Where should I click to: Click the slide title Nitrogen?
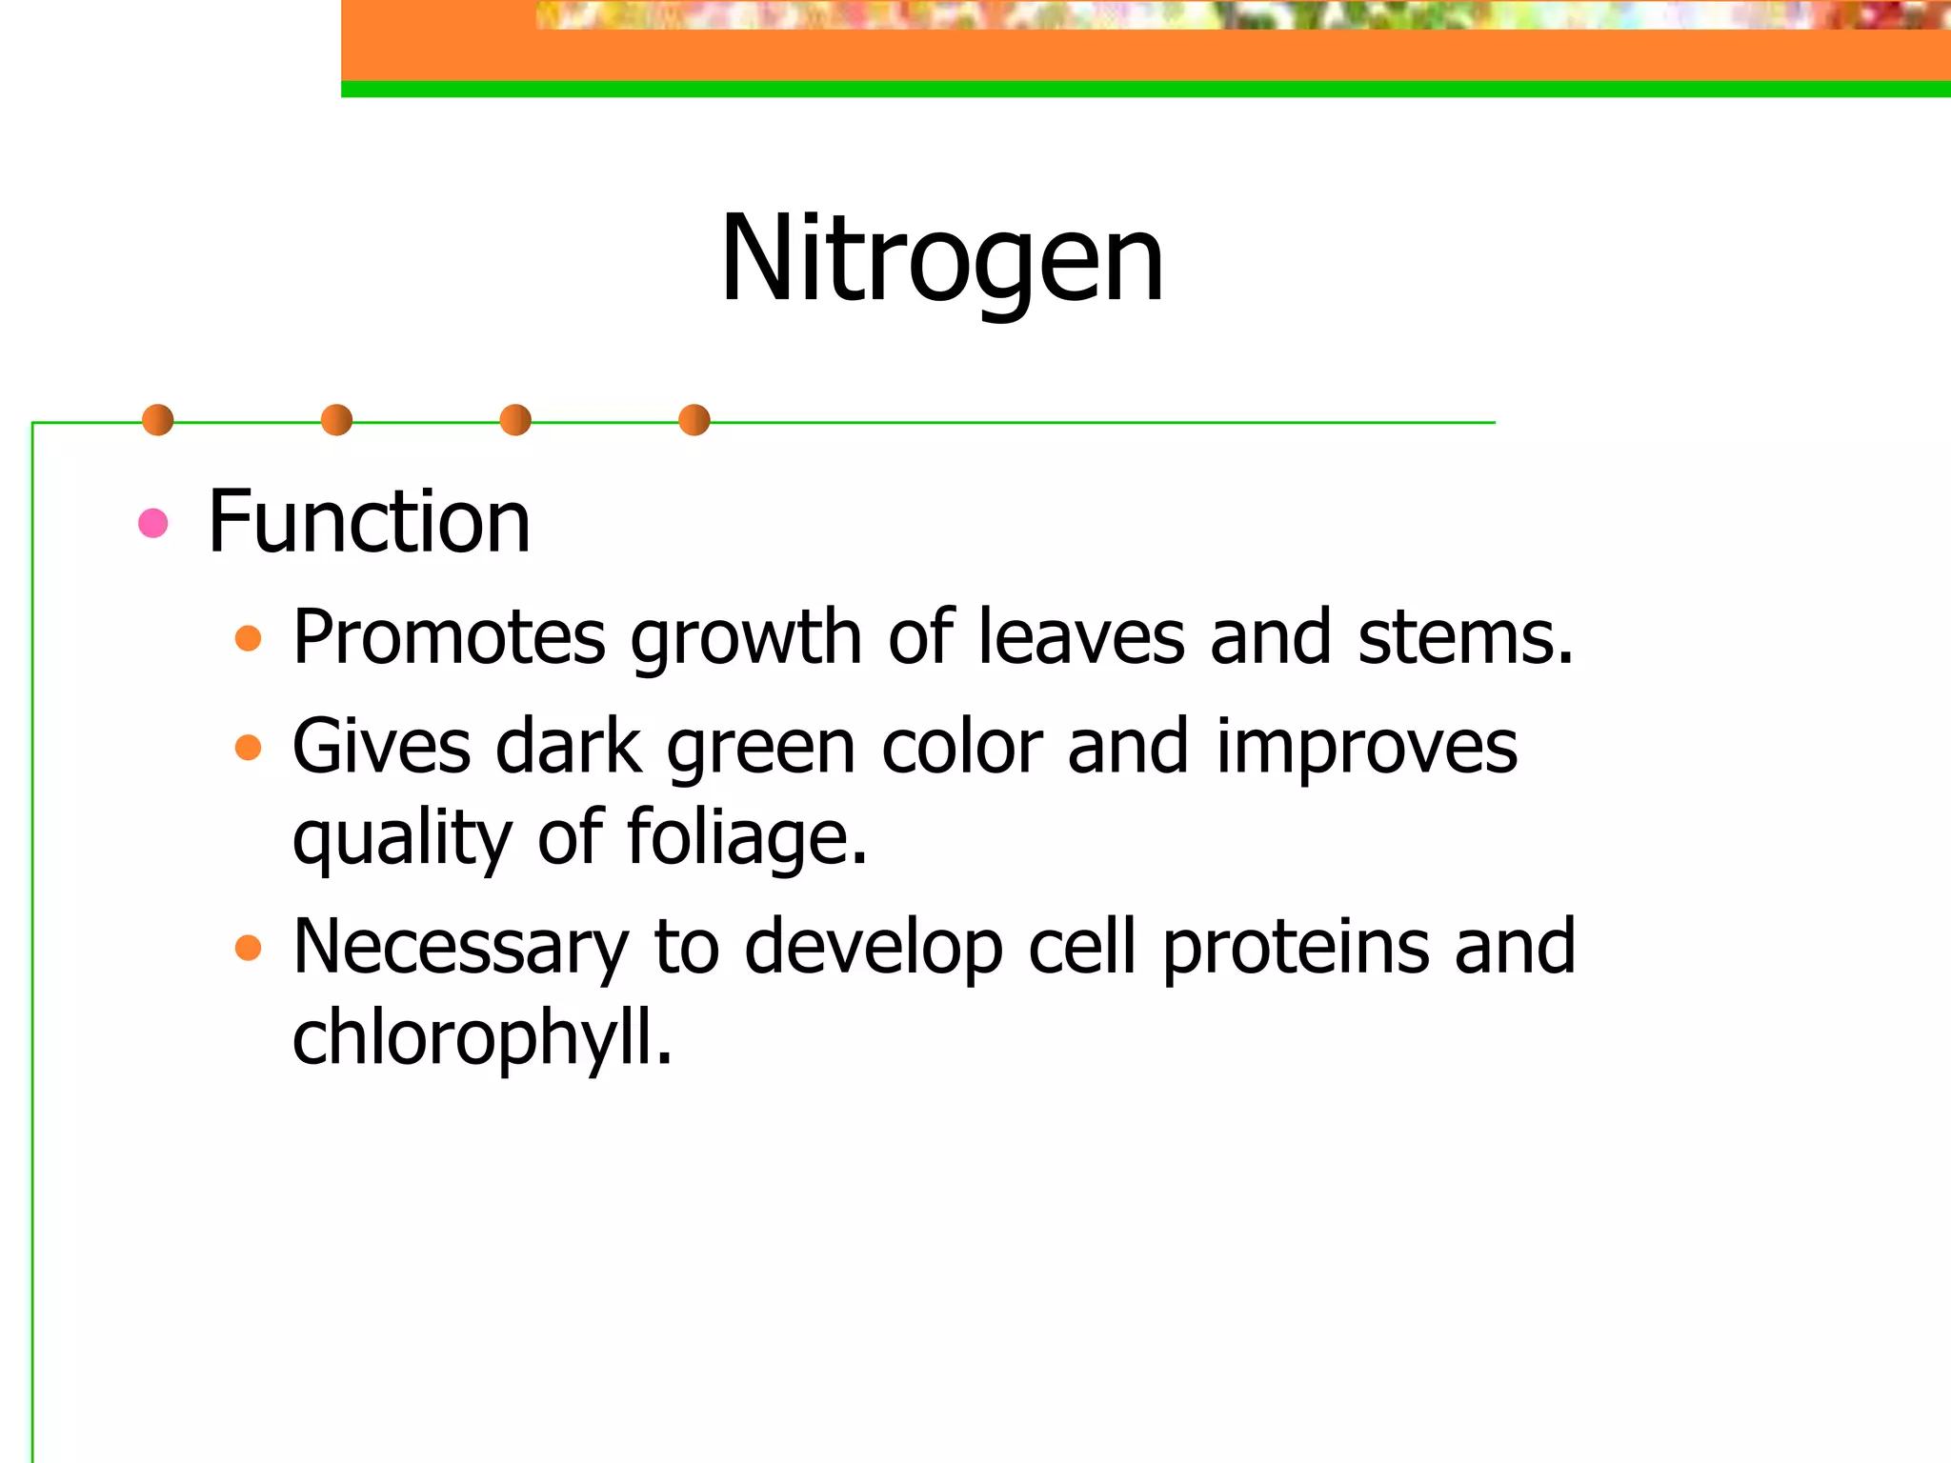point(942,259)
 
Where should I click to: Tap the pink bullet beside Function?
point(153,523)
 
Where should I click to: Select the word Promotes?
point(449,636)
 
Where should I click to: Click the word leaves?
point(1081,636)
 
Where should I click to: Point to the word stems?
point(1464,636)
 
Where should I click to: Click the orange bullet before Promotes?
point(248,638)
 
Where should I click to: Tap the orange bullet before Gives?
point(248,747)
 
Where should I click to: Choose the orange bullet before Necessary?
point(248,948)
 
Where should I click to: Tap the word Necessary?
point(460,948)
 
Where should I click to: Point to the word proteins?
point(1296,948)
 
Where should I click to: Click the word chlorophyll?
point(482,1038)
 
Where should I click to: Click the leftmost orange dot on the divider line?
point(157,420)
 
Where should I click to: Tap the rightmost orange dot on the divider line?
point(694,420)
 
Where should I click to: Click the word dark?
point(568,747)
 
